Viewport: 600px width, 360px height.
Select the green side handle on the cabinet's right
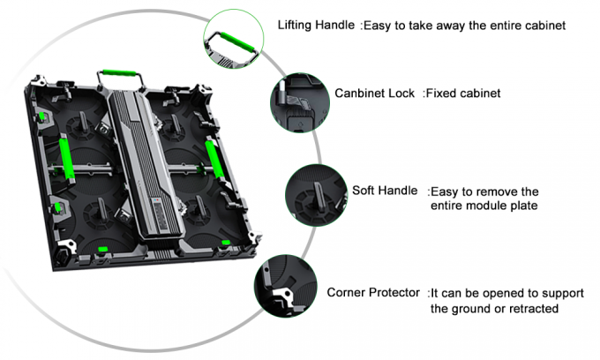coord(214,158)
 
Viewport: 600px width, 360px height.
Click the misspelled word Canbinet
coord(360,93)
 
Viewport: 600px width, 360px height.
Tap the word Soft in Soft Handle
coord(365,191)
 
